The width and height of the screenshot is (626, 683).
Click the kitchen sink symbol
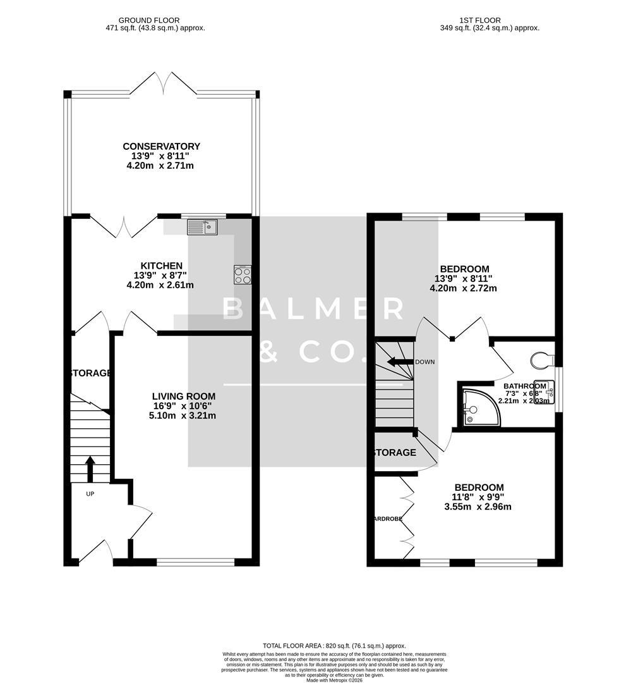202,227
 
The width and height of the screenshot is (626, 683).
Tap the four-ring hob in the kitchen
243,275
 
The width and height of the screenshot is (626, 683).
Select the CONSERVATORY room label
161,147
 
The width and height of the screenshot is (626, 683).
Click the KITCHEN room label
162,266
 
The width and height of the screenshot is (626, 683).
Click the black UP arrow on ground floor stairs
90,469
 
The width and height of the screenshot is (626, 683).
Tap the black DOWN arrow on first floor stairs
399,362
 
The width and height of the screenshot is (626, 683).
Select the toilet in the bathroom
543,360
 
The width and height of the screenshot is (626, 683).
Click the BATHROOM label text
524,386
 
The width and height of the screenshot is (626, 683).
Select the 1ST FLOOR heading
490,20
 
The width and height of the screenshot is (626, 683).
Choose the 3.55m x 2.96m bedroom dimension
479,507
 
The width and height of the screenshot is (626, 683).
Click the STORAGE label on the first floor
394,453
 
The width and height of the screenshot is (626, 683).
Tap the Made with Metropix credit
334,680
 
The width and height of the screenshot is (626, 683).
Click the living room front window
195,561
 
